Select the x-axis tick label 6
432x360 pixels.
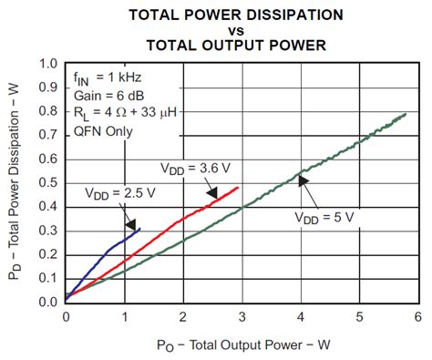tap(418, 315)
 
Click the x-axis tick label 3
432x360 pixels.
tap(242, 315)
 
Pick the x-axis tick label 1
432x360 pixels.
tap(124, 315)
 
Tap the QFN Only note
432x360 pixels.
tap(104, 130)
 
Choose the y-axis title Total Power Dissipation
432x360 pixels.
tap(15, 182)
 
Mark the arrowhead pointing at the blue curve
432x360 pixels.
tap(132, 224)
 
